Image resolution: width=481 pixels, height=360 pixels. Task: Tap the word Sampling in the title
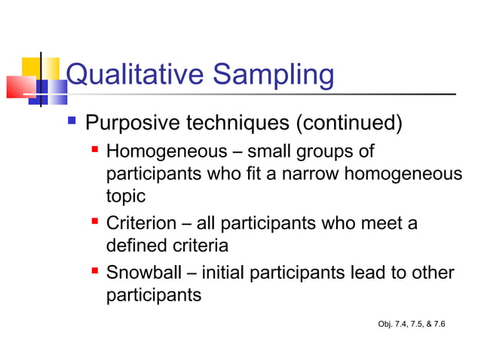click(270, 76)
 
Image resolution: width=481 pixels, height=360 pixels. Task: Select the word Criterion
click(140, 224)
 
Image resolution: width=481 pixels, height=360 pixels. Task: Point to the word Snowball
click(141, 273)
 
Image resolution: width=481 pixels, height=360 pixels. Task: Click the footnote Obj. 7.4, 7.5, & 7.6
click(411, 324)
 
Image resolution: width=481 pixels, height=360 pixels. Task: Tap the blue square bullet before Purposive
click(72, 121)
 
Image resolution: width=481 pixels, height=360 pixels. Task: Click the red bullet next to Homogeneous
click(95, 151)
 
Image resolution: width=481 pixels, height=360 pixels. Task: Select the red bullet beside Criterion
click(95, 224)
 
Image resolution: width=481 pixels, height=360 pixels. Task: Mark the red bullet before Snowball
click(95, 272)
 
